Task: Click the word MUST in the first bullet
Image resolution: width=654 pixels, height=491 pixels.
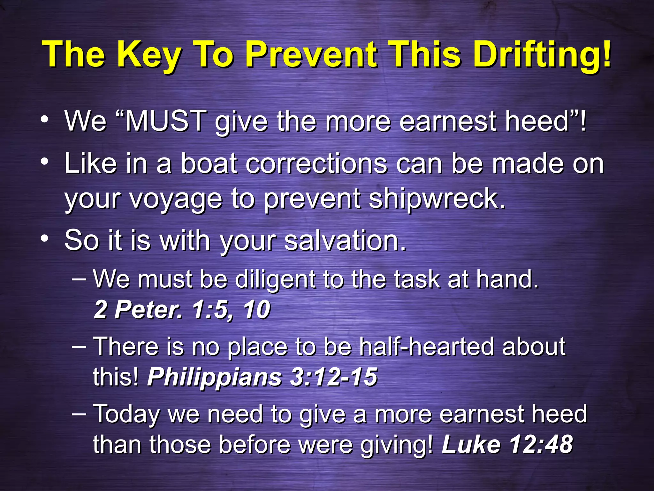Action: pos(165,121)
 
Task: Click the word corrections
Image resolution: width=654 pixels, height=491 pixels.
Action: pos(316,163)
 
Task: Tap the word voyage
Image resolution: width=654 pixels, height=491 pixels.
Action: pos(175,199)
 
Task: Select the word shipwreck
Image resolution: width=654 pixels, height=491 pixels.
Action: pos(437,199)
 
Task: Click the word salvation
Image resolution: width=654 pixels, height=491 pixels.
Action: pos(345,240)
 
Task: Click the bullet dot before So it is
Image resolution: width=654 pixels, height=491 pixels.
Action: pos(45,238)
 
